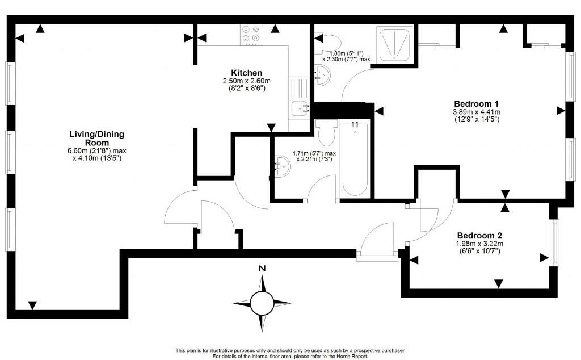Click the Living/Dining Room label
tap(96, 138)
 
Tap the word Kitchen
tap(246, 73)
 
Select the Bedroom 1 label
tap(476, 103)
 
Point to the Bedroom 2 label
tap(479, 235)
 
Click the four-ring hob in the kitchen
tap(250, 35)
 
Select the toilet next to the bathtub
tap(326, 133)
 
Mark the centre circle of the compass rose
tap(262, 302)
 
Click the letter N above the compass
tap(261, 269)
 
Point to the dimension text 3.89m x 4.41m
tap(477, 112)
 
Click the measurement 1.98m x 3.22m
tap(479, 244)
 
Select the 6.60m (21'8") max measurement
tap(96, 150)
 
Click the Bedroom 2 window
tap(555, 242)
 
